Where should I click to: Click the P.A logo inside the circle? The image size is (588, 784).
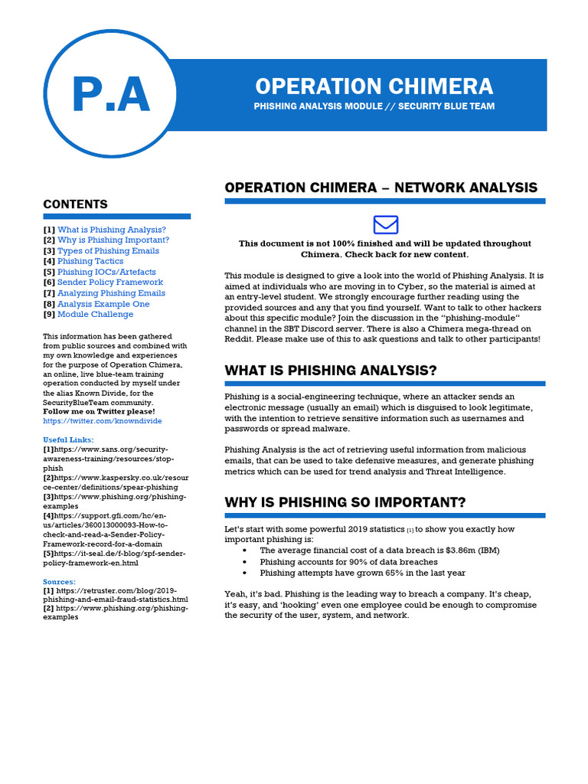[x=110, y=95]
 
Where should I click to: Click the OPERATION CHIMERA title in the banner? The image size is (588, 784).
[x=374, y=86]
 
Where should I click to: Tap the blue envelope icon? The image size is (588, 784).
[x=385, y=224]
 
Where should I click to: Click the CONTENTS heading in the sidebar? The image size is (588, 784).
[x=75, y=204]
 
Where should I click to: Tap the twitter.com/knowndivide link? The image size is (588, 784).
[x=103, y=421]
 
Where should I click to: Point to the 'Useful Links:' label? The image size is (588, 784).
[x=69, y=439]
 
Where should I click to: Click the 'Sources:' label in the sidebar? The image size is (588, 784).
[x=60, y=582]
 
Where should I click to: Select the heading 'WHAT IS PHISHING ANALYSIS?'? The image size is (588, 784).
[x=331, y=371]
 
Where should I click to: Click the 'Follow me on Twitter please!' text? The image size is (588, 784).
[x=99, y=411]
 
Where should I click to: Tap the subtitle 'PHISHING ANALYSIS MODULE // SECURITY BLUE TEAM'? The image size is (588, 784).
[x=374, y=106]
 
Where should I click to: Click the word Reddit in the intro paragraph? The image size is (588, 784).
[x=237, y=338]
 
